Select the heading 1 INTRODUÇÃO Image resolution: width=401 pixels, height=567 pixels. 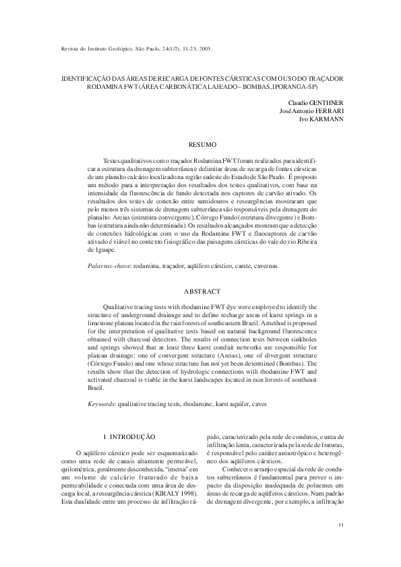[x=127, y=438]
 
